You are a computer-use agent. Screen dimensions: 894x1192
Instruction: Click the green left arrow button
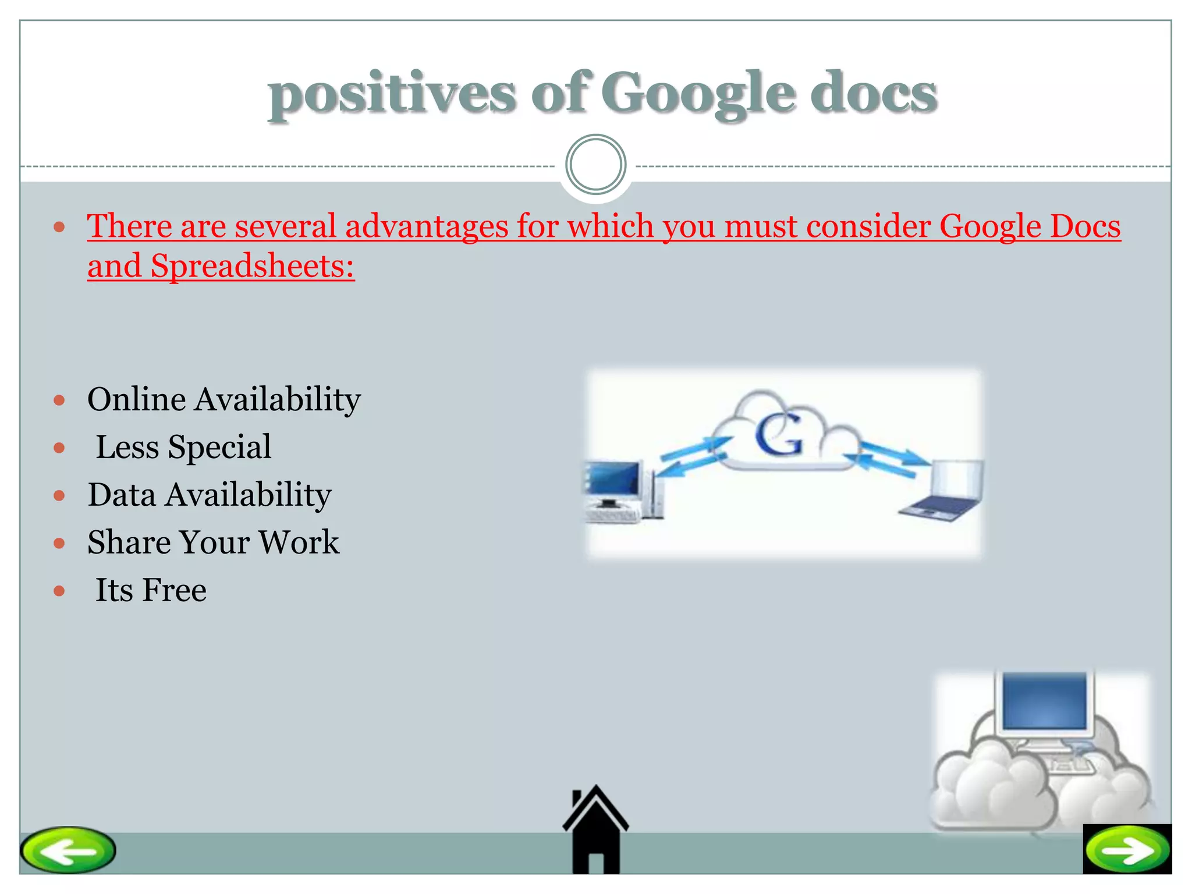pyautogui.click(x=68, y=850)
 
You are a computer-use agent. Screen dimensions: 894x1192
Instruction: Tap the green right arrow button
pyautogui.click(x=1127, y=850)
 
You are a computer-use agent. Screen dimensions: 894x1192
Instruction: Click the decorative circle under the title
pyautogui.click(x=595, y=165)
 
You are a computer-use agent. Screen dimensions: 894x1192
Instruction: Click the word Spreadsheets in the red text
pyautogui.click(x=252, y=266)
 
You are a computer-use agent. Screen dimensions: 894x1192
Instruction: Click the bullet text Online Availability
pyautogui.click(x=224, y=399)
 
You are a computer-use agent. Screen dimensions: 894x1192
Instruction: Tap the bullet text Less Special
pyautogui.click(x=183, y=447)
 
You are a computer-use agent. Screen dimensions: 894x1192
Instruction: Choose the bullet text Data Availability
pyautogui.click(x=210, y=495)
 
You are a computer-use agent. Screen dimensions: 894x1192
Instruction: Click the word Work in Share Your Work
pyautogui.click(x=299, y=542)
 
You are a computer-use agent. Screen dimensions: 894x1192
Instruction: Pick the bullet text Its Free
pyautogui.click(x=151, y=590)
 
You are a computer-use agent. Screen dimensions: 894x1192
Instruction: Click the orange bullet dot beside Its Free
pyautogui.click(x=59, y=591)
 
